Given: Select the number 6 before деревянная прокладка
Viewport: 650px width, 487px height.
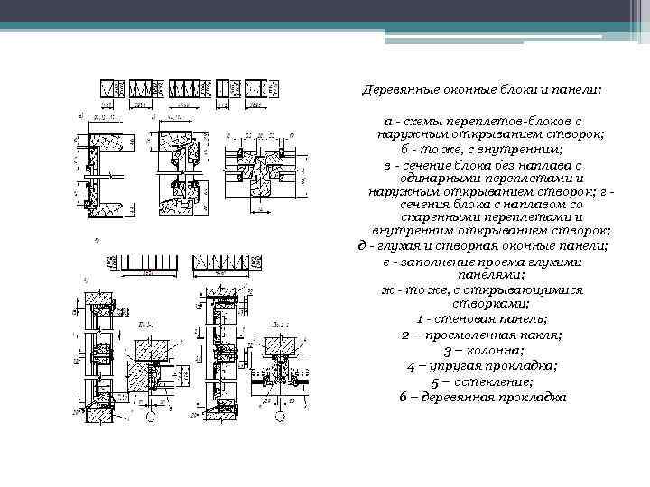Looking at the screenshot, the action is coord(402,398).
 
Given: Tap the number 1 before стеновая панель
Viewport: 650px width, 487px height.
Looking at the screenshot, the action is coord(421,320).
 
